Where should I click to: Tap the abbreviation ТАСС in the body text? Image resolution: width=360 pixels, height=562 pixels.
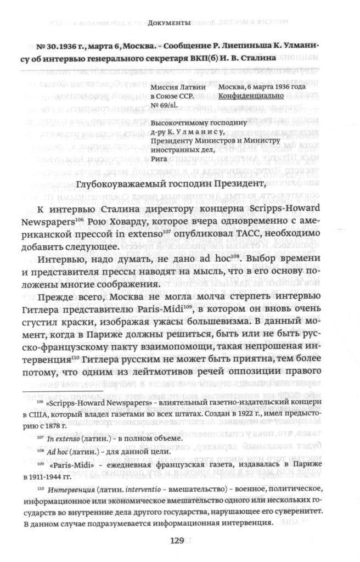point(237,234)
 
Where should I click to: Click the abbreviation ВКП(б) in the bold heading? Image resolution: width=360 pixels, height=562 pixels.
point(240,59)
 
